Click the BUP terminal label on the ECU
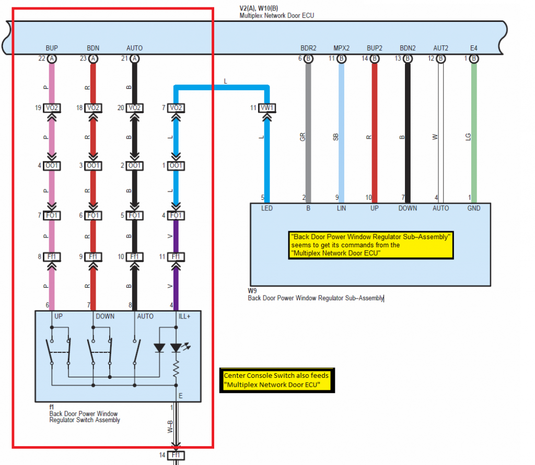[x=52, y=48]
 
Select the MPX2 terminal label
[x=341, y=48]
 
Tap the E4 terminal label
[x=473, y=48]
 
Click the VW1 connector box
[x=267, y=108]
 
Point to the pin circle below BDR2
[x=308, y=58]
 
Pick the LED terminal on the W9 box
[x=267, y=208]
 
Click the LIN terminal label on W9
[x=341, y=208]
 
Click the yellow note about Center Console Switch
[x=277, y=380]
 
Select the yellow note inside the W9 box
[x=371, y=245]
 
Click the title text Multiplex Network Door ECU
[x=277, y=16]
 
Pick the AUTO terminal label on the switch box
[x=145, y=316]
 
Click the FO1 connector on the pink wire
[x=52, y=216]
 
